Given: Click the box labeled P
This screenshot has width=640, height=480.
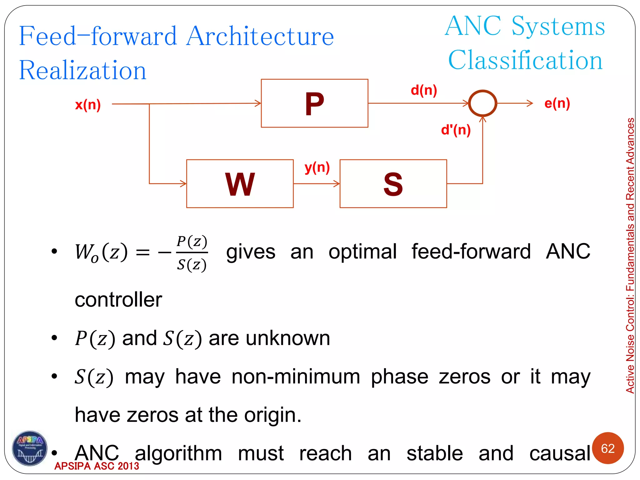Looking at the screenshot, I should (314, 103).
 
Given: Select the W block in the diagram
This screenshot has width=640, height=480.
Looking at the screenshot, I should (240, 184).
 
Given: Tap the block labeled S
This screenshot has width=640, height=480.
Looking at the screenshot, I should (393, 184).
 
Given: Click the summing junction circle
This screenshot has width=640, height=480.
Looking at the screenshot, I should (482, 103).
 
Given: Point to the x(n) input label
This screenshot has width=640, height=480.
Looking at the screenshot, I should (88, 105).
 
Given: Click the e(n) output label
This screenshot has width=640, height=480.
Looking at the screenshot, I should (557, 103).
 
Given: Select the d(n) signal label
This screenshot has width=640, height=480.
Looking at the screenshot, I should (424, 90).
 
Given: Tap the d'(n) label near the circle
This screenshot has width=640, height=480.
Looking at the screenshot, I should (456, 130).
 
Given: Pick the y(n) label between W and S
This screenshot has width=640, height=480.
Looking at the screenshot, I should (317, 168).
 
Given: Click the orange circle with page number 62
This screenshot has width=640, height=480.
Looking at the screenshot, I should (608, 448).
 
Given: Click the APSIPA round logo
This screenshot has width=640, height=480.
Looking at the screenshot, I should (30, 448).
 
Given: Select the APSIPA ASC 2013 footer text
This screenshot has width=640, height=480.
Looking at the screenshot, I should (97, 466).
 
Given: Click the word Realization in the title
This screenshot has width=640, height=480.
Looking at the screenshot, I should (83, 70).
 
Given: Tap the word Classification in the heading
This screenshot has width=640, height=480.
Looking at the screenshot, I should (525, 60).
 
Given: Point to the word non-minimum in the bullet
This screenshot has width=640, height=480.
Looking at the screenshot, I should (296, 377).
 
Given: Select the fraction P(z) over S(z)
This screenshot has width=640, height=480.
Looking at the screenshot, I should (192, 253).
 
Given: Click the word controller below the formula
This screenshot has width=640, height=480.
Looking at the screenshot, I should (118, 300).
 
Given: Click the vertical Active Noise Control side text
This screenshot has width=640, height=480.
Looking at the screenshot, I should (630, 255).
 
